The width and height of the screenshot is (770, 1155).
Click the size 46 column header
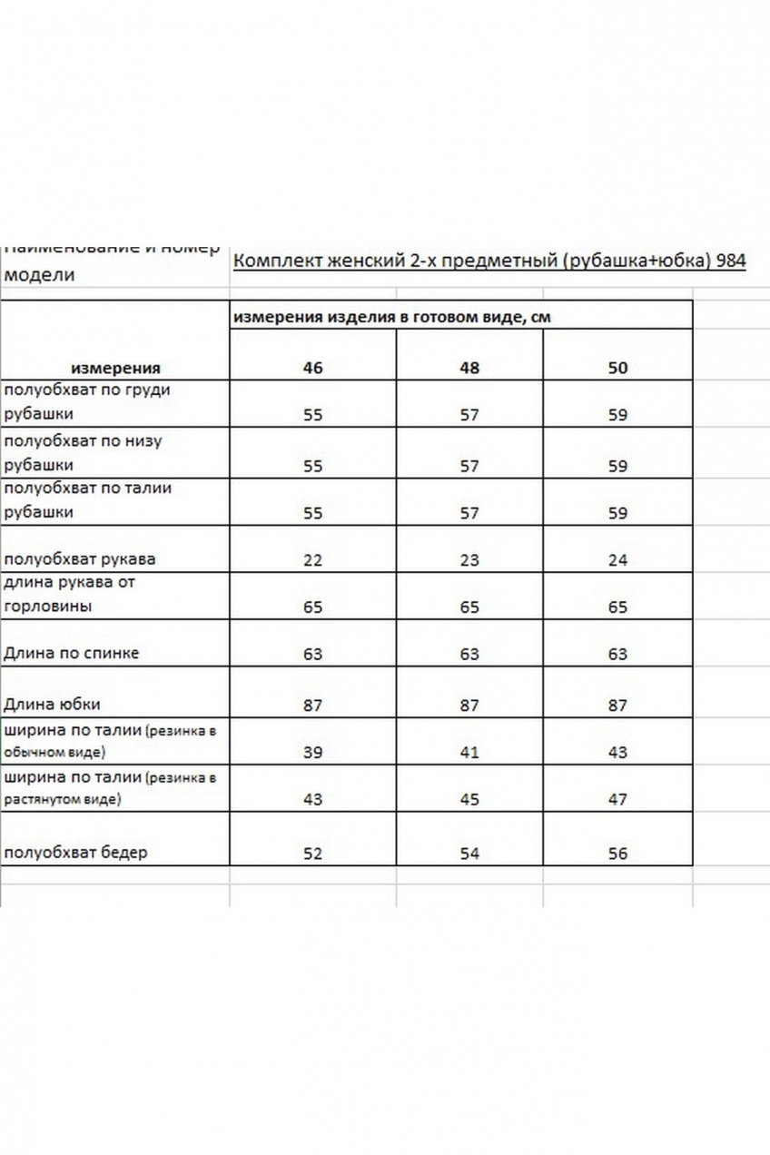pyautogui.click(x=312, y=368)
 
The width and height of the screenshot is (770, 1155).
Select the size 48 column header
pyautogui.click(x=469, y=368)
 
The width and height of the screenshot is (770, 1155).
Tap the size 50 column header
pyautogui.click(x=617, y=368)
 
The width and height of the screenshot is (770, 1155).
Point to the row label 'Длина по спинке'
pyautogui.click(x=72, y=653)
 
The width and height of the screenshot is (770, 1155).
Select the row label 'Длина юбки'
pyautogui.click(x=52, y=704)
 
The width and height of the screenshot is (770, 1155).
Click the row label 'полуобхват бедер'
pyautogui.click(x=75, y=853)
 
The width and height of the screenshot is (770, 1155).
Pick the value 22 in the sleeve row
pyautogui.click(x=312, y=559)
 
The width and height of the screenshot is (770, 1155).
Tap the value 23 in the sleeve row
pyautogui.click(x=469, y=559)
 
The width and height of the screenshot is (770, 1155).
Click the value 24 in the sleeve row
pyautogui.click(x=617, y=559)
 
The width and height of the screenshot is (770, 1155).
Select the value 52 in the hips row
pyautogui.click(x=312, y=854)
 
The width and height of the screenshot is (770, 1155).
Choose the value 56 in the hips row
pyautogui.click(x=617, y=854)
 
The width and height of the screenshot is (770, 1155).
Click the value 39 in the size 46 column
pyautogui.click(x=312, y=752)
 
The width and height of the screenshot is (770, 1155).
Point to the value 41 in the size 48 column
pyautogui.click(x=469, y=752)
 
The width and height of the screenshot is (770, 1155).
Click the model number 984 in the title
pyautogui.click(x=731, y=262)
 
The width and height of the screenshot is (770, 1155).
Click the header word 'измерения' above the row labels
pyautogui.click(x=115, y=368)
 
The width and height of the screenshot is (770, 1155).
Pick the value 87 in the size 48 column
pyautogui.click(x=469, y=705)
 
